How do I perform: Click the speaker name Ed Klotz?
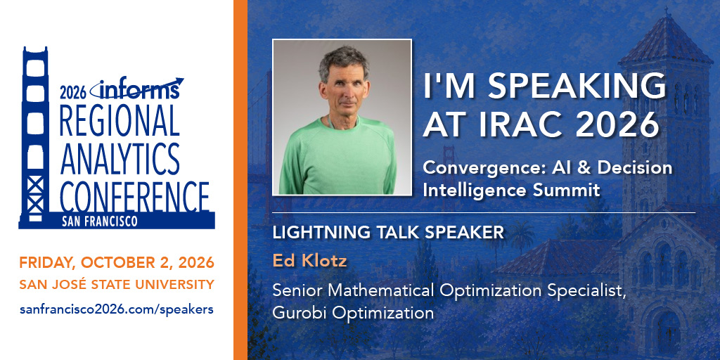pos(309,261)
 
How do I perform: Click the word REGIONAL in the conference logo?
pos(119,120)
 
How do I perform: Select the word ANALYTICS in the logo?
pos(120,159)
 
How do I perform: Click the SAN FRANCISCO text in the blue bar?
pos(100,221)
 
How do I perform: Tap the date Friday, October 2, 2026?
pos(117,263)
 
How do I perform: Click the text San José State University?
pos(117,285)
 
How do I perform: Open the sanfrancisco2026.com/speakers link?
pos(117,309)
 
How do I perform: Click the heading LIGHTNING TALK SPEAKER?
pos(388,232)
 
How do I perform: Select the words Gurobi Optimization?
pos(353,313)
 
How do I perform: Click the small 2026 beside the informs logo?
pos(73,94)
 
